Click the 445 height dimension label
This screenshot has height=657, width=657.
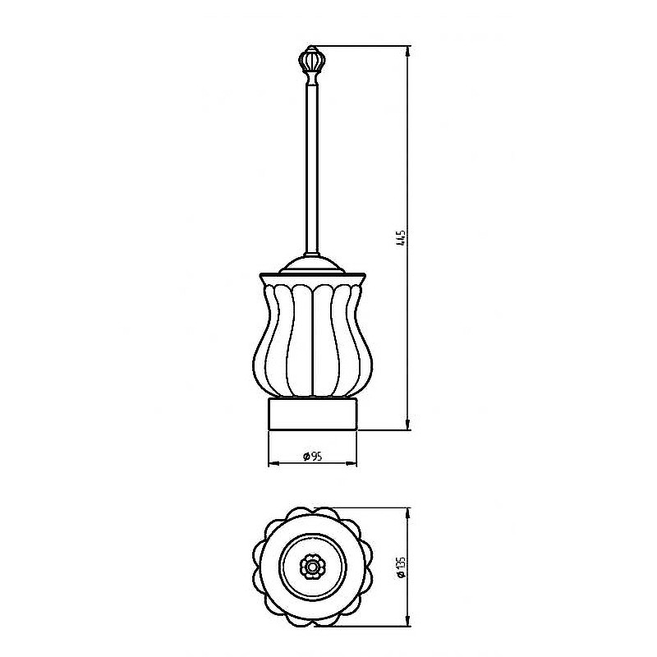coord(401,237)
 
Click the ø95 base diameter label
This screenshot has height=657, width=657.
coord(313,457)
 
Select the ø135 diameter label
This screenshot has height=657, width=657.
coord(401,567)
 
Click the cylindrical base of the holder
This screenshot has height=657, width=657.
coord(313,413)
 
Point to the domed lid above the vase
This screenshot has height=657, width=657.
coord(313,264)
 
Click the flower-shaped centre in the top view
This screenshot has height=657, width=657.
coord(312,567)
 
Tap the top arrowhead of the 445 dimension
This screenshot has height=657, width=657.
coord(408,51)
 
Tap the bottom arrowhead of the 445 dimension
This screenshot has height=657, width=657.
coord(408,424)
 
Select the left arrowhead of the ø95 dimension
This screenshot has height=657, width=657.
coord(273,463)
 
